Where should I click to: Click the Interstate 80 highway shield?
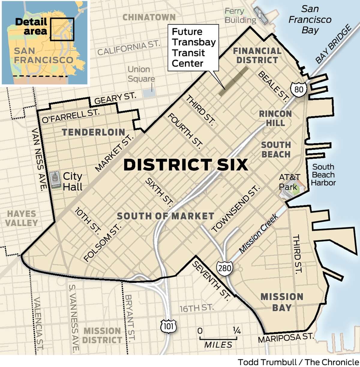298,89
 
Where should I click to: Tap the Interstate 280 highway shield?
225,267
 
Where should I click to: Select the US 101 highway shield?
169,326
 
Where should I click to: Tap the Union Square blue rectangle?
149,93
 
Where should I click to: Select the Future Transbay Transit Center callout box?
193,47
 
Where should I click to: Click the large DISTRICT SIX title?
186,165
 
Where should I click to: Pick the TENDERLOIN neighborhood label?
94,132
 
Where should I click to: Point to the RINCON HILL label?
275,118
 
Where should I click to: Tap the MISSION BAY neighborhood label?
282,302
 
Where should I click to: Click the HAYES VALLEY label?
22,218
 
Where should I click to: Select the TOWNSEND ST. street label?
235,209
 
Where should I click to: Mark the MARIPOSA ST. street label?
286,338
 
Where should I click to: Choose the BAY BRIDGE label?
333,44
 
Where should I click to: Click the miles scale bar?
218,338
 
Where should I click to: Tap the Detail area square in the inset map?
62,29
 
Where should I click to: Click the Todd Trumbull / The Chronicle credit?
298,362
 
